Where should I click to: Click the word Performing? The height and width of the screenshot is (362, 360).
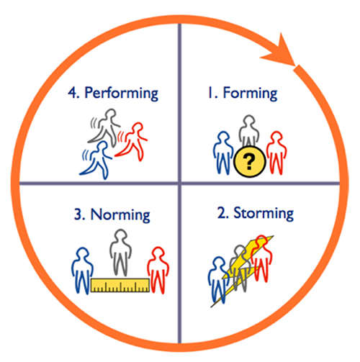(x=122, y=94)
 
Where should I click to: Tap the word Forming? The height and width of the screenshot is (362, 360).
(x=250, y=94)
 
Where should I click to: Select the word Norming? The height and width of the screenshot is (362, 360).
(x=120, y=215)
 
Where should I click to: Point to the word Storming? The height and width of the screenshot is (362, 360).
(x=264, y=214)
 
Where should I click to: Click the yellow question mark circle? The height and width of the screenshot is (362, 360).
(x=250, y=161)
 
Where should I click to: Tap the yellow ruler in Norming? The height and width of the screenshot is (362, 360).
(x=120, y=285)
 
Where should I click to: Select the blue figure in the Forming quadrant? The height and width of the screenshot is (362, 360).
(x=223, y=153)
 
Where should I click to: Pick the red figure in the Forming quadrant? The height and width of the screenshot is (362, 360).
(x=276, y=153)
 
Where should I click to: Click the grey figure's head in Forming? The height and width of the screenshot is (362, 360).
(x=249, y=120)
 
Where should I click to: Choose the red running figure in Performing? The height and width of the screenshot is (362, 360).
(x=132, y=142)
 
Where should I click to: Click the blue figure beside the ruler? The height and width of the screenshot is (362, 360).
(x=82, y=271)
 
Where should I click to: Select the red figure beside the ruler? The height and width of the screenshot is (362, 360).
(x=158, y=270)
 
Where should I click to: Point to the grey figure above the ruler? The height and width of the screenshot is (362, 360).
(x=120, y=253)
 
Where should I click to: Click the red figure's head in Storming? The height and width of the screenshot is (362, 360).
(x=261, y=241)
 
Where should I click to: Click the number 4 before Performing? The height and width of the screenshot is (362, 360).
(x=72, y=93)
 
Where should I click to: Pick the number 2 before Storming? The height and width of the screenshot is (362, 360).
(x=221, y=212)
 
